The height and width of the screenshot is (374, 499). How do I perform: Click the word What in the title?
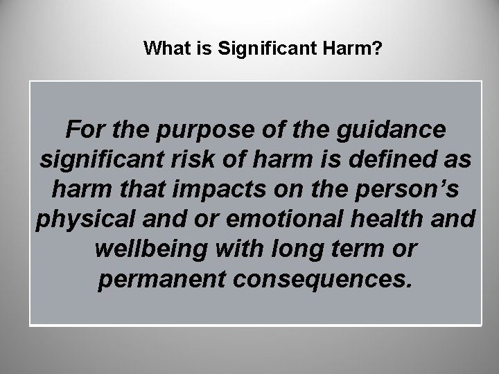point(163,48)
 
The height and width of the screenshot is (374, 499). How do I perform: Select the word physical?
point(79,219)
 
